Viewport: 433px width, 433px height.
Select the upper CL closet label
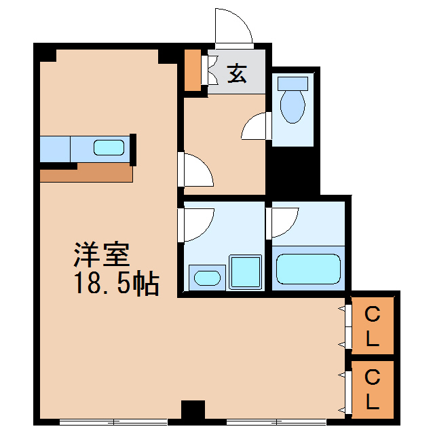click(372, 325)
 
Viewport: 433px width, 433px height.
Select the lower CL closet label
click(372, 388)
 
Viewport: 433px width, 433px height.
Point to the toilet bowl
click(293, 107)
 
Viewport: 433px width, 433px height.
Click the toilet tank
click(293, 83)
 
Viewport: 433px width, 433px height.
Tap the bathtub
click(308, 269)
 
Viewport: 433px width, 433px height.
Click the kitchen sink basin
click(109, 148)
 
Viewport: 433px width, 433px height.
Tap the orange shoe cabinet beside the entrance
click(193, 70)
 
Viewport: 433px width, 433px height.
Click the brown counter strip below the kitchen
click(86, 174)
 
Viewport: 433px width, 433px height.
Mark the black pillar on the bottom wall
click(193, 411)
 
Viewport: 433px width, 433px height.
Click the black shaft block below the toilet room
click(293, 172)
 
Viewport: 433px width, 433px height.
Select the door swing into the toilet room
click(257, 126)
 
